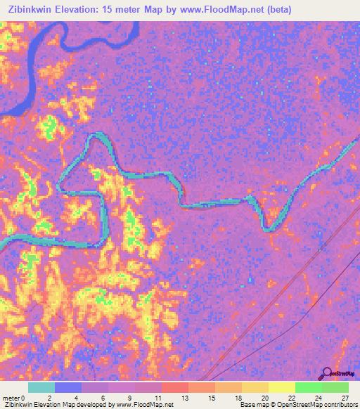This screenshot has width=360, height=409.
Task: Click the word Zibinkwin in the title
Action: (x=34, y=10)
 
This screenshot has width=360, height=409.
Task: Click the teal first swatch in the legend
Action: (x=41, y=387)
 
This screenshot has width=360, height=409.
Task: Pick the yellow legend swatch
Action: (x=282, y=387)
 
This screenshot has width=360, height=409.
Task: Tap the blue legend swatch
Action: (x=68, y=387)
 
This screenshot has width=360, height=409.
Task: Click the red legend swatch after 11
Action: (x=175, y=387)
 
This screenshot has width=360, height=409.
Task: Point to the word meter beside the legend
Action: (x=12, y=398)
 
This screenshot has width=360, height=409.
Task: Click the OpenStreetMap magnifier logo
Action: (x=326, y=374)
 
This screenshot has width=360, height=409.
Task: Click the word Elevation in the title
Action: (x=86, y=10)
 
